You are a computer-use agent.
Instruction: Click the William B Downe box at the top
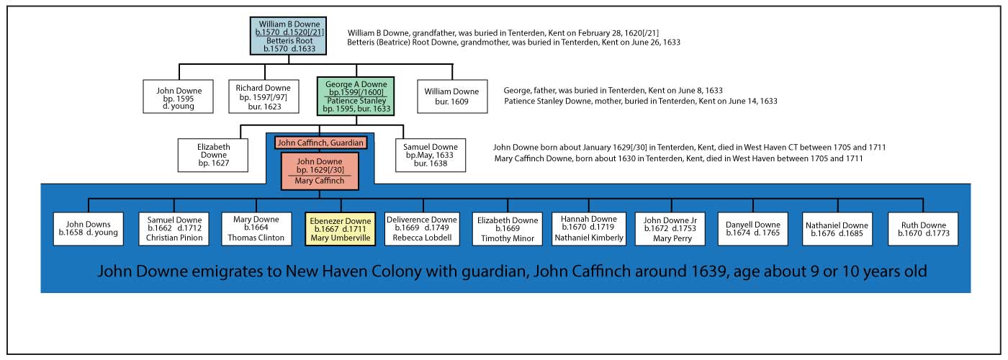[x=288, y=36]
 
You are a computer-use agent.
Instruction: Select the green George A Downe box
[x=356, y=96]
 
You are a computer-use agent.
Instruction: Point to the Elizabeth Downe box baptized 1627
[x=213, y=154]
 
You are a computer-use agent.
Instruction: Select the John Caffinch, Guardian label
[x=321, y=143]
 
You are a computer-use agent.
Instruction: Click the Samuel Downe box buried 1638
[x=431, y=155]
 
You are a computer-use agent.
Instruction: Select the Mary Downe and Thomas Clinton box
[x=256, y=229]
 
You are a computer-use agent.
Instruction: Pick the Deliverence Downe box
[x=423, y=229]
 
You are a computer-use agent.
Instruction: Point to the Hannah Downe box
[x=588, y=229]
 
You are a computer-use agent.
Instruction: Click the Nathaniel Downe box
[x=837, y=229]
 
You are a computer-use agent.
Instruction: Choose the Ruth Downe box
[x=922, y=229]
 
